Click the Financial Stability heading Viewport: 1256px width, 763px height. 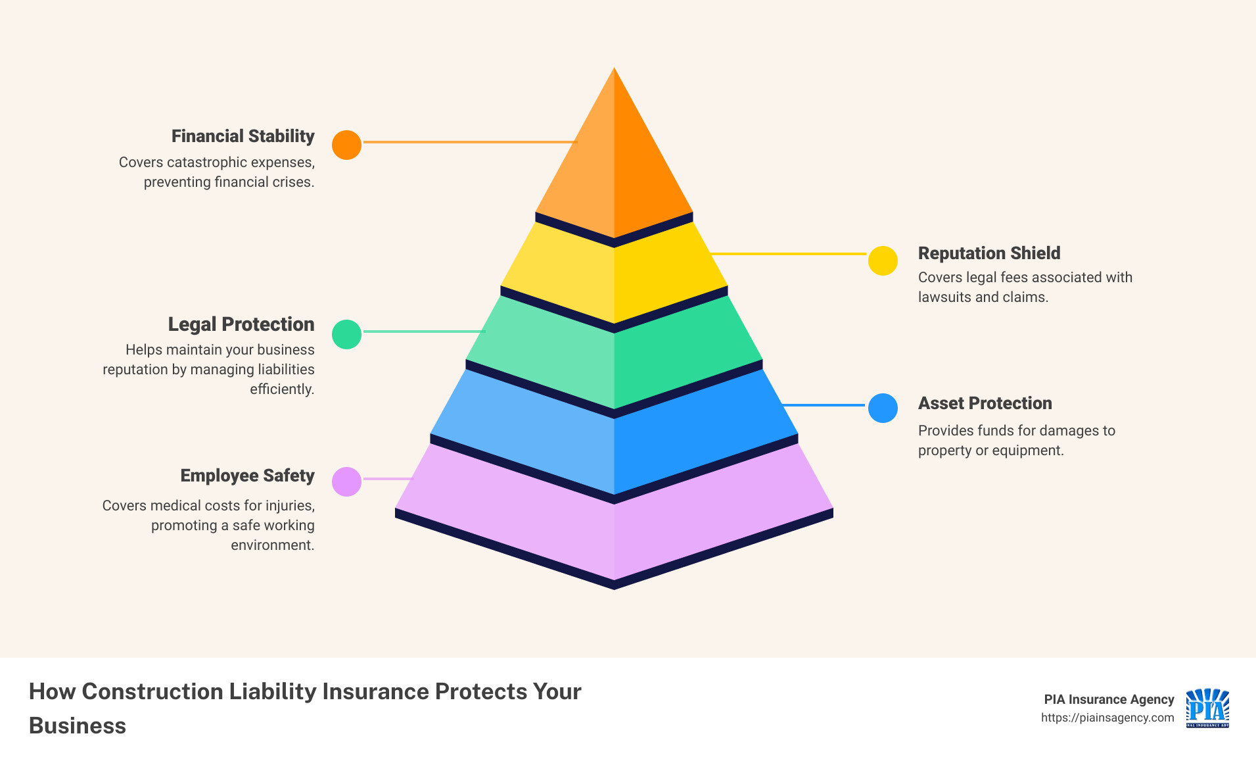[x=243, y=136]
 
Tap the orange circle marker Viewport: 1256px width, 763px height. [x=346, y=145]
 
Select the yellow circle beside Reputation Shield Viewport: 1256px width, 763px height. [x=883, y=260]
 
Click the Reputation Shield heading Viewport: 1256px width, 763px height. [x=989, y=253]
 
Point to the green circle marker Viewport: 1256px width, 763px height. [x=346, y=334]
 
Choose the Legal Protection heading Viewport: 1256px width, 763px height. [x=241, y=324]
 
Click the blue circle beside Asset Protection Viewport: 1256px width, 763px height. [x=883, y=408]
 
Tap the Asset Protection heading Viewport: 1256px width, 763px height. [x=985, y=403]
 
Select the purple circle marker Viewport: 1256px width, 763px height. [x=346, y=481]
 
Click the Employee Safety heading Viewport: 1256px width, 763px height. [x=247, y=476]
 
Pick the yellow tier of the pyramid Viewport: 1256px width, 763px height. [x=614, y=276]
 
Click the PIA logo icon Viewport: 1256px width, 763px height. [x=1207, y=708]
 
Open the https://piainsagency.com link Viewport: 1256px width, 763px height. [x=1107, y=718]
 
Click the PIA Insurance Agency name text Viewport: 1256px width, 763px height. [x=1109, y=699]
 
